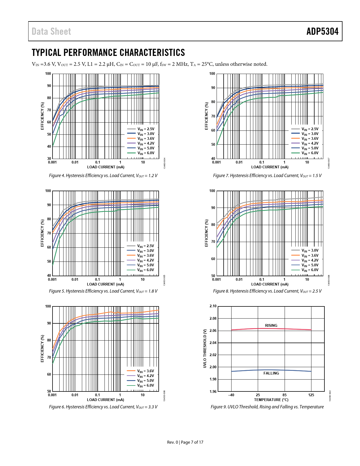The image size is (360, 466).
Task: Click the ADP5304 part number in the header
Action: click(322, 31)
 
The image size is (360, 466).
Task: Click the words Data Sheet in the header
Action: click(51, 31)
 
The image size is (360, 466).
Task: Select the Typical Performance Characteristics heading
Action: click(108, 53)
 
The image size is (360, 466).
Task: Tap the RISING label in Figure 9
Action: click(271, 325)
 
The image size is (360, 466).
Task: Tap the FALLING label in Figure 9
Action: click(271, 373)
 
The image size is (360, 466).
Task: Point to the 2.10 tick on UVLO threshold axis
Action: click(213, 306)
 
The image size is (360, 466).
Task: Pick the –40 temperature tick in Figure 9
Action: click(231, 395)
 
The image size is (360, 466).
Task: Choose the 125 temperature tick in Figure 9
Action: click(311, 395)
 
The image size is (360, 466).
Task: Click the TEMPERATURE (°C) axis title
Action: click(271, 400)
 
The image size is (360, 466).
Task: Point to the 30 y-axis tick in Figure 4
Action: click(49, 159)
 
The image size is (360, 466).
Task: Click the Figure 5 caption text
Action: click(103, 291)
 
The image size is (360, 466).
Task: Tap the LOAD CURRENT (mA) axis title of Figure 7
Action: click(270, 167)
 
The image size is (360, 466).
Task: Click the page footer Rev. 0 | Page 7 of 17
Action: click(185, 442)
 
